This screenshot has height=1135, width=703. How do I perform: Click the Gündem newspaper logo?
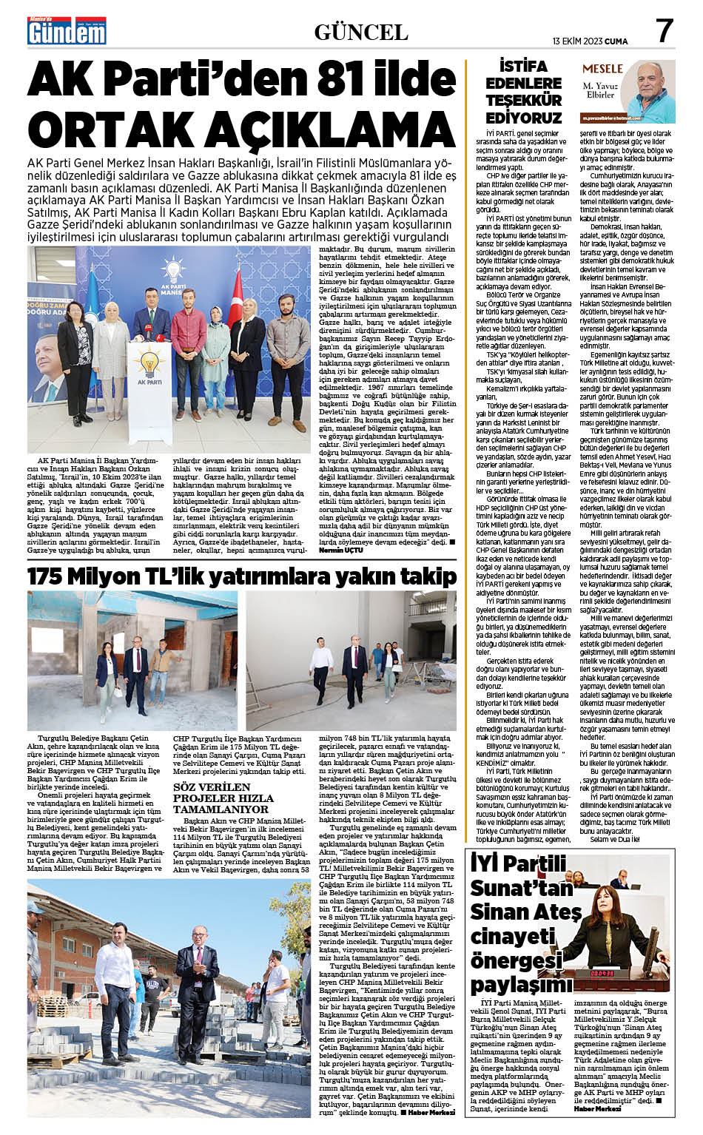(67, 31)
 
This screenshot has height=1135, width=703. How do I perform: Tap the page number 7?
(664, 31)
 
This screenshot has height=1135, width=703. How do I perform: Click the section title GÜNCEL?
(360, 32)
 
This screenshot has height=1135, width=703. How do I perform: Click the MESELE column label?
(602, 68)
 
